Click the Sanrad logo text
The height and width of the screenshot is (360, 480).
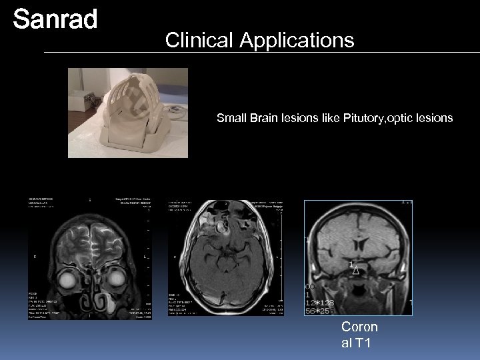click(x=55, y=20)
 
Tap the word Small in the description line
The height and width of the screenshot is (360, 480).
click(x=230, y=119)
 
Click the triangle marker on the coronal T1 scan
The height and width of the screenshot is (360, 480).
click(x=356, y=271)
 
